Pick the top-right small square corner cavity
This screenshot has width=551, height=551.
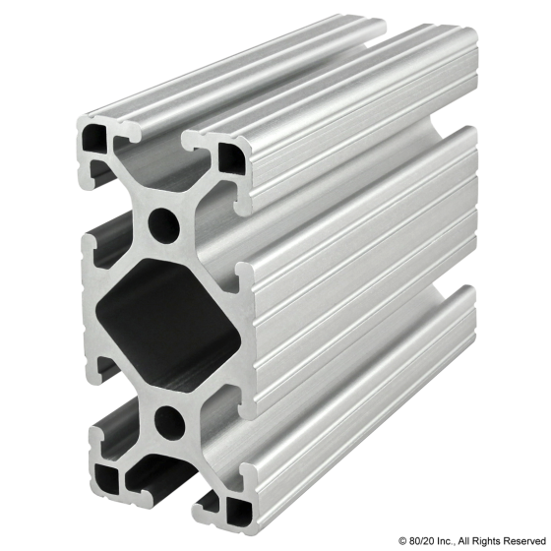pyautogui.click(x=234, y=154)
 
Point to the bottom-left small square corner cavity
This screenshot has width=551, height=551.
pyautogui.click(x=104, y=479)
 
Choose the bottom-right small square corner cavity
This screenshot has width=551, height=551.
pyautogui.click(x=236, y=512)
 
